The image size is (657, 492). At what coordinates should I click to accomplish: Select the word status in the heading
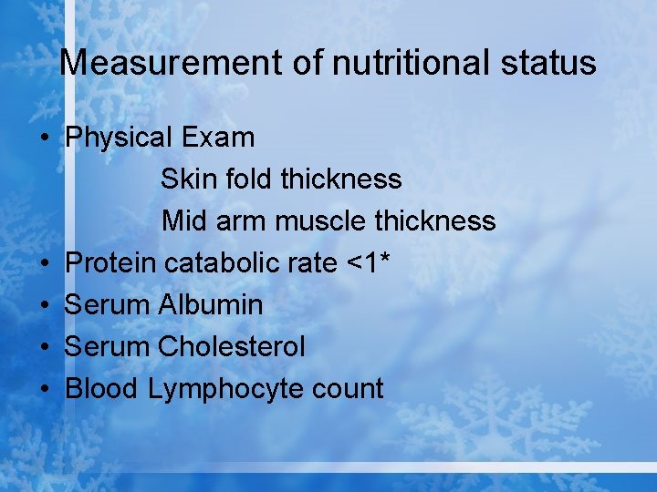tap(555, 63)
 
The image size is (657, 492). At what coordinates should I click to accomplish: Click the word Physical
tap(120, 138)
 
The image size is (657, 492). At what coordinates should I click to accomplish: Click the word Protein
tap(111, 263)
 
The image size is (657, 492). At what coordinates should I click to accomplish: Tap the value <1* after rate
tap(370, 262)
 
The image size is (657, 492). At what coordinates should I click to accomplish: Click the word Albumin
tap(211, 305)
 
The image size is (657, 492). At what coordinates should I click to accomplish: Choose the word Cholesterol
tap(232, 347)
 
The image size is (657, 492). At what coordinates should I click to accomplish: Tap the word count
tap(348, 390)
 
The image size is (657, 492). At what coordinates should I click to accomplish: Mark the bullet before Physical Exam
tap(44, 138)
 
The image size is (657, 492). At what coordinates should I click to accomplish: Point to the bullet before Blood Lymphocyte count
tap(44, 390)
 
